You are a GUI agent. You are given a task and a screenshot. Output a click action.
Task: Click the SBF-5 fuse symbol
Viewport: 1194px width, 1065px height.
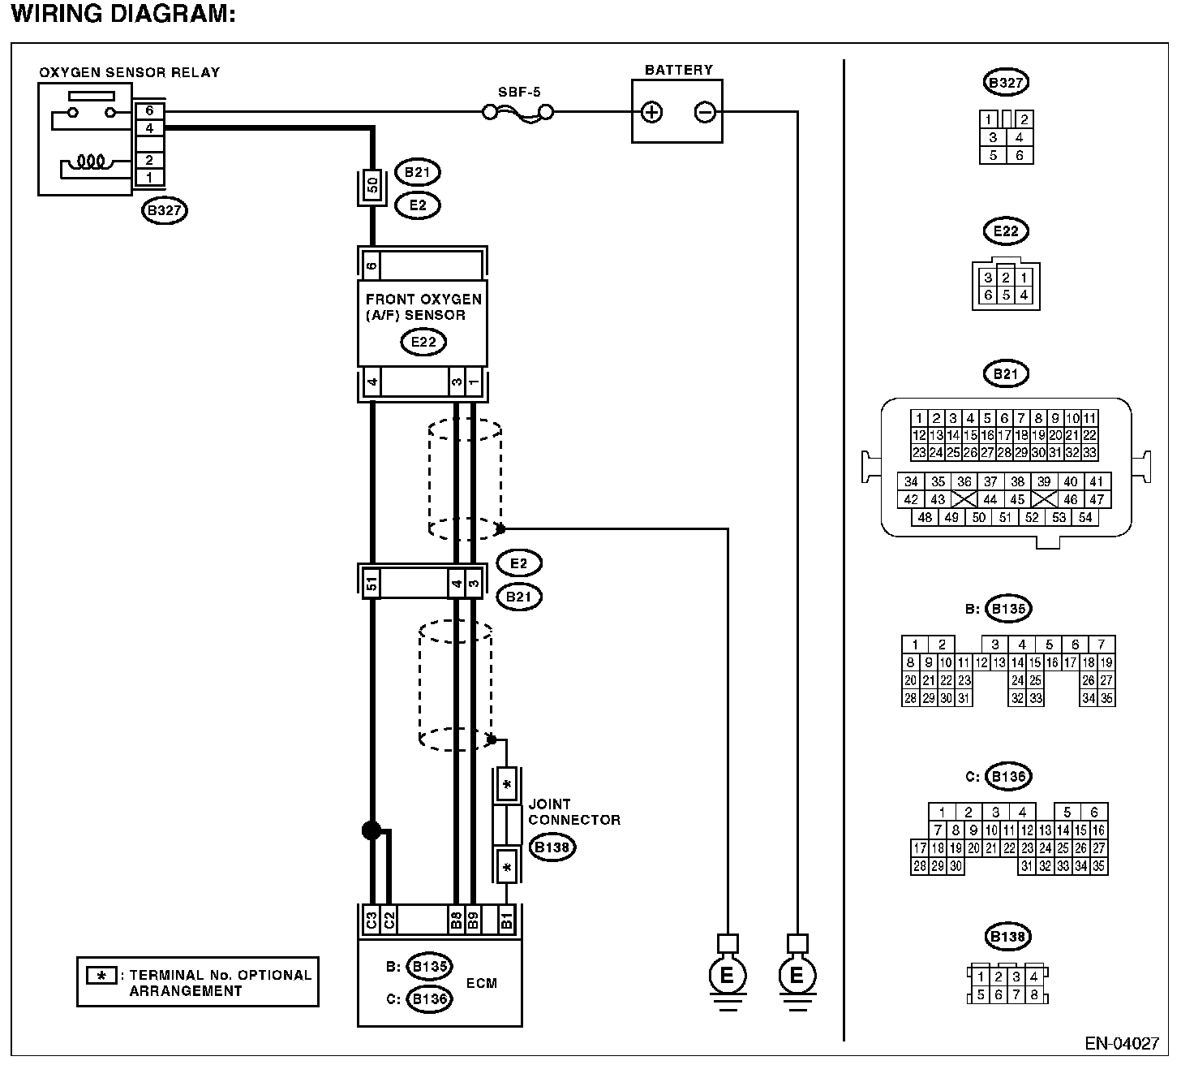tap(518, 112)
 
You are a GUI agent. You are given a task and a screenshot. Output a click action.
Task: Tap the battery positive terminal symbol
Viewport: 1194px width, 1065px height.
tap(651, 112)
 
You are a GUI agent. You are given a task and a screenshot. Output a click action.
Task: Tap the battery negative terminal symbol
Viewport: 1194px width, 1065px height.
tap(705, 112)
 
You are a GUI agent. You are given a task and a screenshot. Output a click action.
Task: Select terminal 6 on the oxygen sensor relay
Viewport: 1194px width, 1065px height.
tap(150, 110)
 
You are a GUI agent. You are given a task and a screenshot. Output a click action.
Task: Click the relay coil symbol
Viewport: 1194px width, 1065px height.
tap(92, 162)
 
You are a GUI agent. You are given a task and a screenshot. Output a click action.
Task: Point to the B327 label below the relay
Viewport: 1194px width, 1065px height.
tap(165, 210)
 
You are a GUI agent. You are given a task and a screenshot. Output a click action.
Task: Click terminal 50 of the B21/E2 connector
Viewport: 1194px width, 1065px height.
tap(372, 185)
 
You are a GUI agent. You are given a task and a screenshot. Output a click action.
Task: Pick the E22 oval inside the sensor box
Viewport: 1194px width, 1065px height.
tap(423, 342)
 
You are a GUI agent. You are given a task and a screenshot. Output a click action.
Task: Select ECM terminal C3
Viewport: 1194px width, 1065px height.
tap(372, 921)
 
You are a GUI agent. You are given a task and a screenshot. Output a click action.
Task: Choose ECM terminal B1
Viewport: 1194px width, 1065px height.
tap(507, 921)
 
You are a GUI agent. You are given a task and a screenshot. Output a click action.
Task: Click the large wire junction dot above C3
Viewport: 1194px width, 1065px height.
tap(372, 830)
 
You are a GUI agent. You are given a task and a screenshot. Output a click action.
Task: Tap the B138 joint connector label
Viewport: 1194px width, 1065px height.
tap(552, 847)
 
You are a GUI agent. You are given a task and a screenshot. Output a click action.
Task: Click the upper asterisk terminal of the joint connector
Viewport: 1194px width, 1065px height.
tap(507, 784)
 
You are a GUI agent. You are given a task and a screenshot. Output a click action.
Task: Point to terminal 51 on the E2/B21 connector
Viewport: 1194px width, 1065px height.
tap(372, 583)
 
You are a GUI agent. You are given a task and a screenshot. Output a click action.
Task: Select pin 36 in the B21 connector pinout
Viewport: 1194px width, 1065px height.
tap(964, 482)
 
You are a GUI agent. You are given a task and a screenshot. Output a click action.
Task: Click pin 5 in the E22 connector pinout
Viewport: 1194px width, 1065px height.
tap(1006, 295)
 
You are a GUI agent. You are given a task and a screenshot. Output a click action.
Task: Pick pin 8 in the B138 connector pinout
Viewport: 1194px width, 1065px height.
tap(1033, 995)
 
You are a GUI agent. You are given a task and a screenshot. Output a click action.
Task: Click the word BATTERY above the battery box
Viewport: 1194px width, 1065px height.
tap(679, 70)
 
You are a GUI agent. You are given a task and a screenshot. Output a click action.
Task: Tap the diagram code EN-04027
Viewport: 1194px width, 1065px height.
tap(1122, 1044)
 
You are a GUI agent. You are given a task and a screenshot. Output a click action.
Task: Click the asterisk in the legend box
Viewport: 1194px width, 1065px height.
tap(101, 976)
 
